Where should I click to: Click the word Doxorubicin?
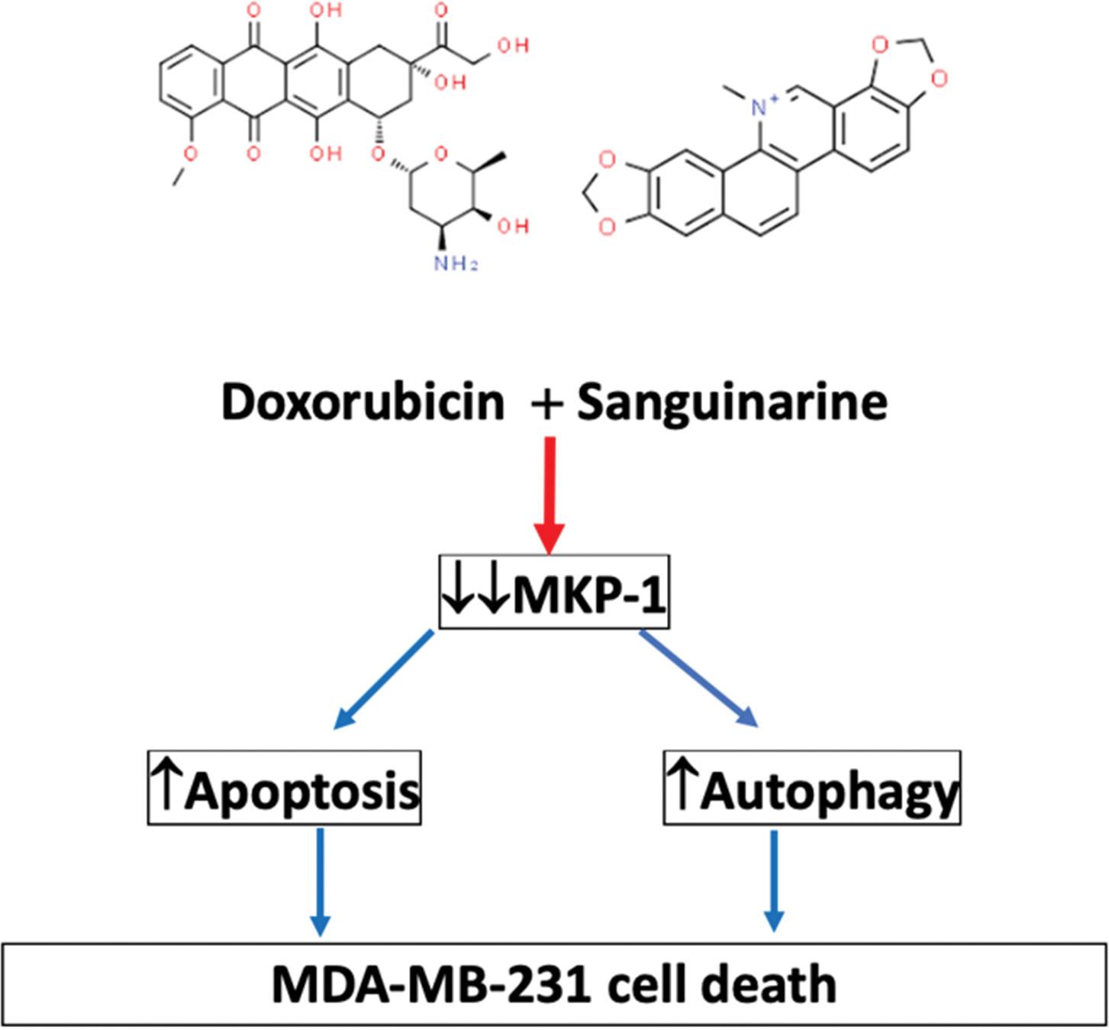[363, 402]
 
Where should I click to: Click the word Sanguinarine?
[731, 402]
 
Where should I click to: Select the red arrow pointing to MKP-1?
[550, 492]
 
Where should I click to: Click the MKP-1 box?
[554, 592]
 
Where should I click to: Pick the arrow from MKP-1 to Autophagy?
[699, 679]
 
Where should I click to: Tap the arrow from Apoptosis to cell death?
[320, 882]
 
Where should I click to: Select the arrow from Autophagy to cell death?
[775, 882]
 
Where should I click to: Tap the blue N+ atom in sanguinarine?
[759, 107]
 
